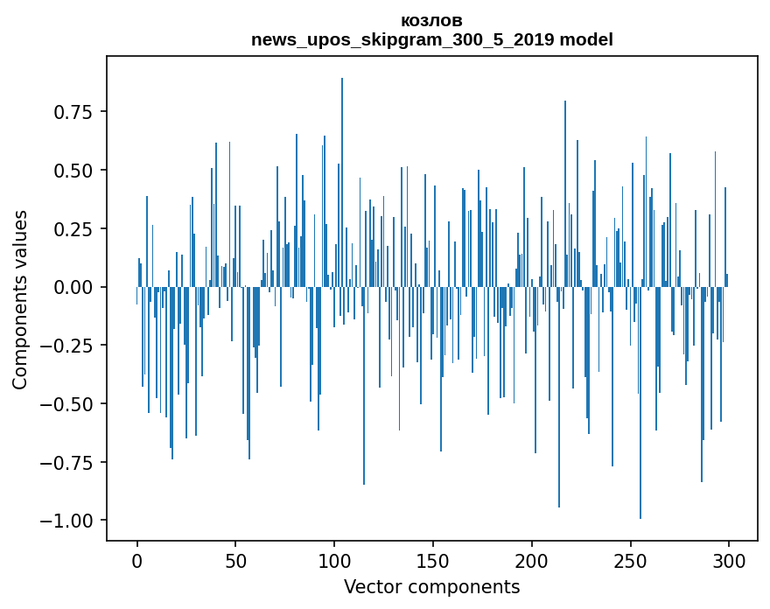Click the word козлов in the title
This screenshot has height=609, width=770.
(431, 21)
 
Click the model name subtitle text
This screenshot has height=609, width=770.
(431, 39)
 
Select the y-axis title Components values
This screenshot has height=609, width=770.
(19, 299)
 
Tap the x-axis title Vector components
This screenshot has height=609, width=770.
(431, 587)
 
